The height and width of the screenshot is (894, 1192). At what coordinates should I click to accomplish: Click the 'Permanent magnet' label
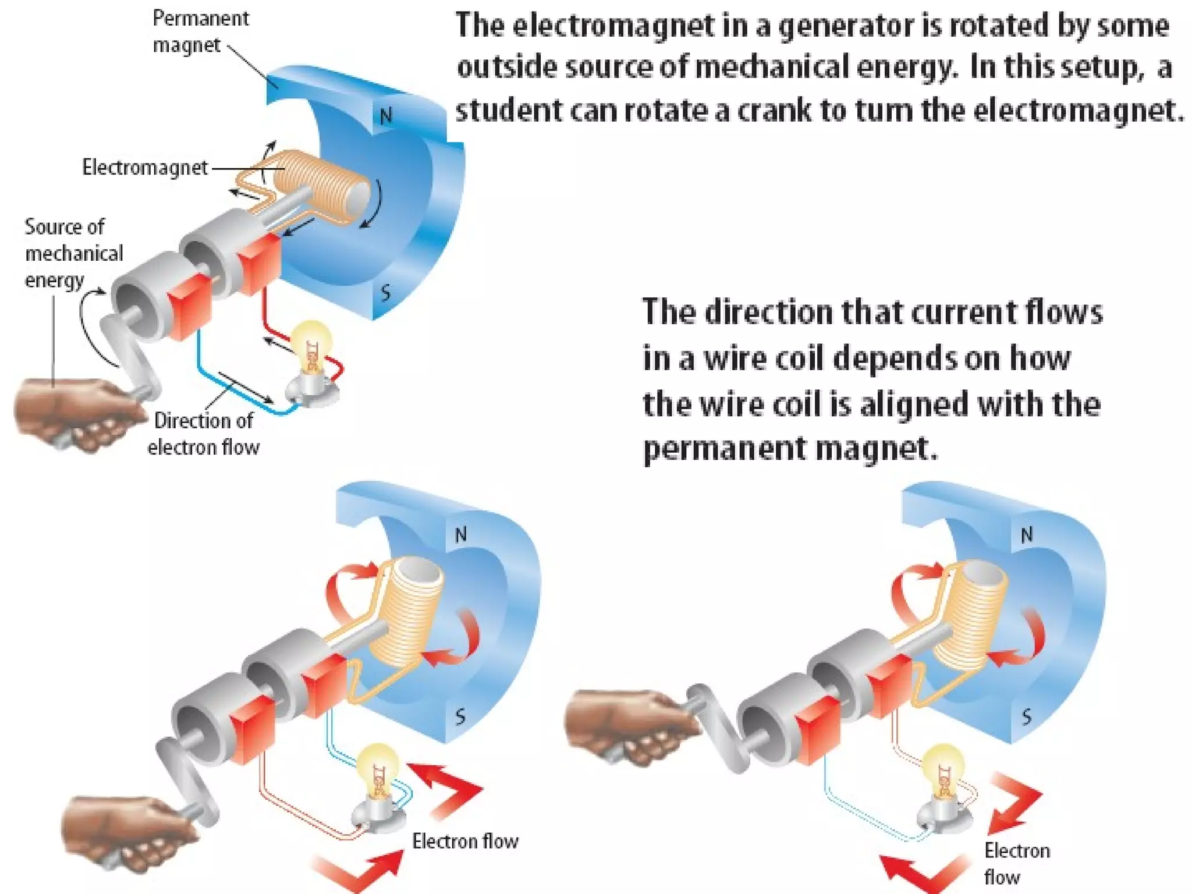(200, 31)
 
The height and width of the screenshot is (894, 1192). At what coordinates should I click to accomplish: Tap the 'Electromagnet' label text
(144, 168)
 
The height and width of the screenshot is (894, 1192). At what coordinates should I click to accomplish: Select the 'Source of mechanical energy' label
(73, 253)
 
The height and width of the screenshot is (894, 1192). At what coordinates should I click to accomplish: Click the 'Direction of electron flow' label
(203, 434)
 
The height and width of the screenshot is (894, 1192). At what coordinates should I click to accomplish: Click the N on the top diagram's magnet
(386, 117)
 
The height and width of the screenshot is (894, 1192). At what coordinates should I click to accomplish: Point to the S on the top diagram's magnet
(385, 292)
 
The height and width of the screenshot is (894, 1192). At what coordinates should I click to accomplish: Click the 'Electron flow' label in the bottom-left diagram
(464, 841)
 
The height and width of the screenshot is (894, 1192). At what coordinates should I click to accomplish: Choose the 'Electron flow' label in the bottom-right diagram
(1016, 864)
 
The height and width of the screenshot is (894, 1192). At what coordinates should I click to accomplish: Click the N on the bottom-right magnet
(1027, 534)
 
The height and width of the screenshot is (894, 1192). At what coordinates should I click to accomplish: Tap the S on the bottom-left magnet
(460, 716)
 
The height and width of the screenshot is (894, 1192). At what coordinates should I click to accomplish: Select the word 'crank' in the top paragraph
(774, 111)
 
